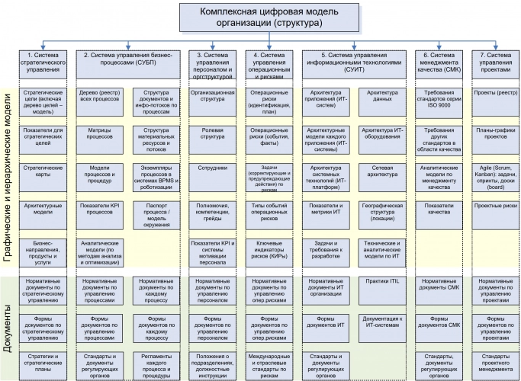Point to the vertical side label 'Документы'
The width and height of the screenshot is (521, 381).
(8, 326)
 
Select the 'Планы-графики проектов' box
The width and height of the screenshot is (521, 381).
(497, 134)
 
